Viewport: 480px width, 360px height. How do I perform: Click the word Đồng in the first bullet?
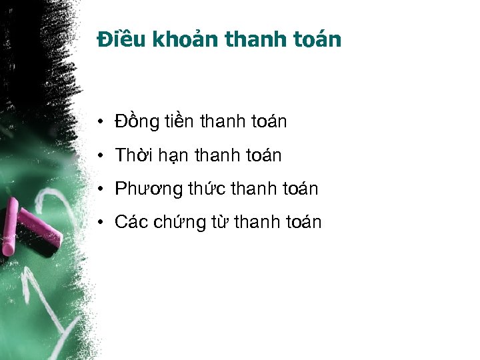[x=137, y=122]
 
